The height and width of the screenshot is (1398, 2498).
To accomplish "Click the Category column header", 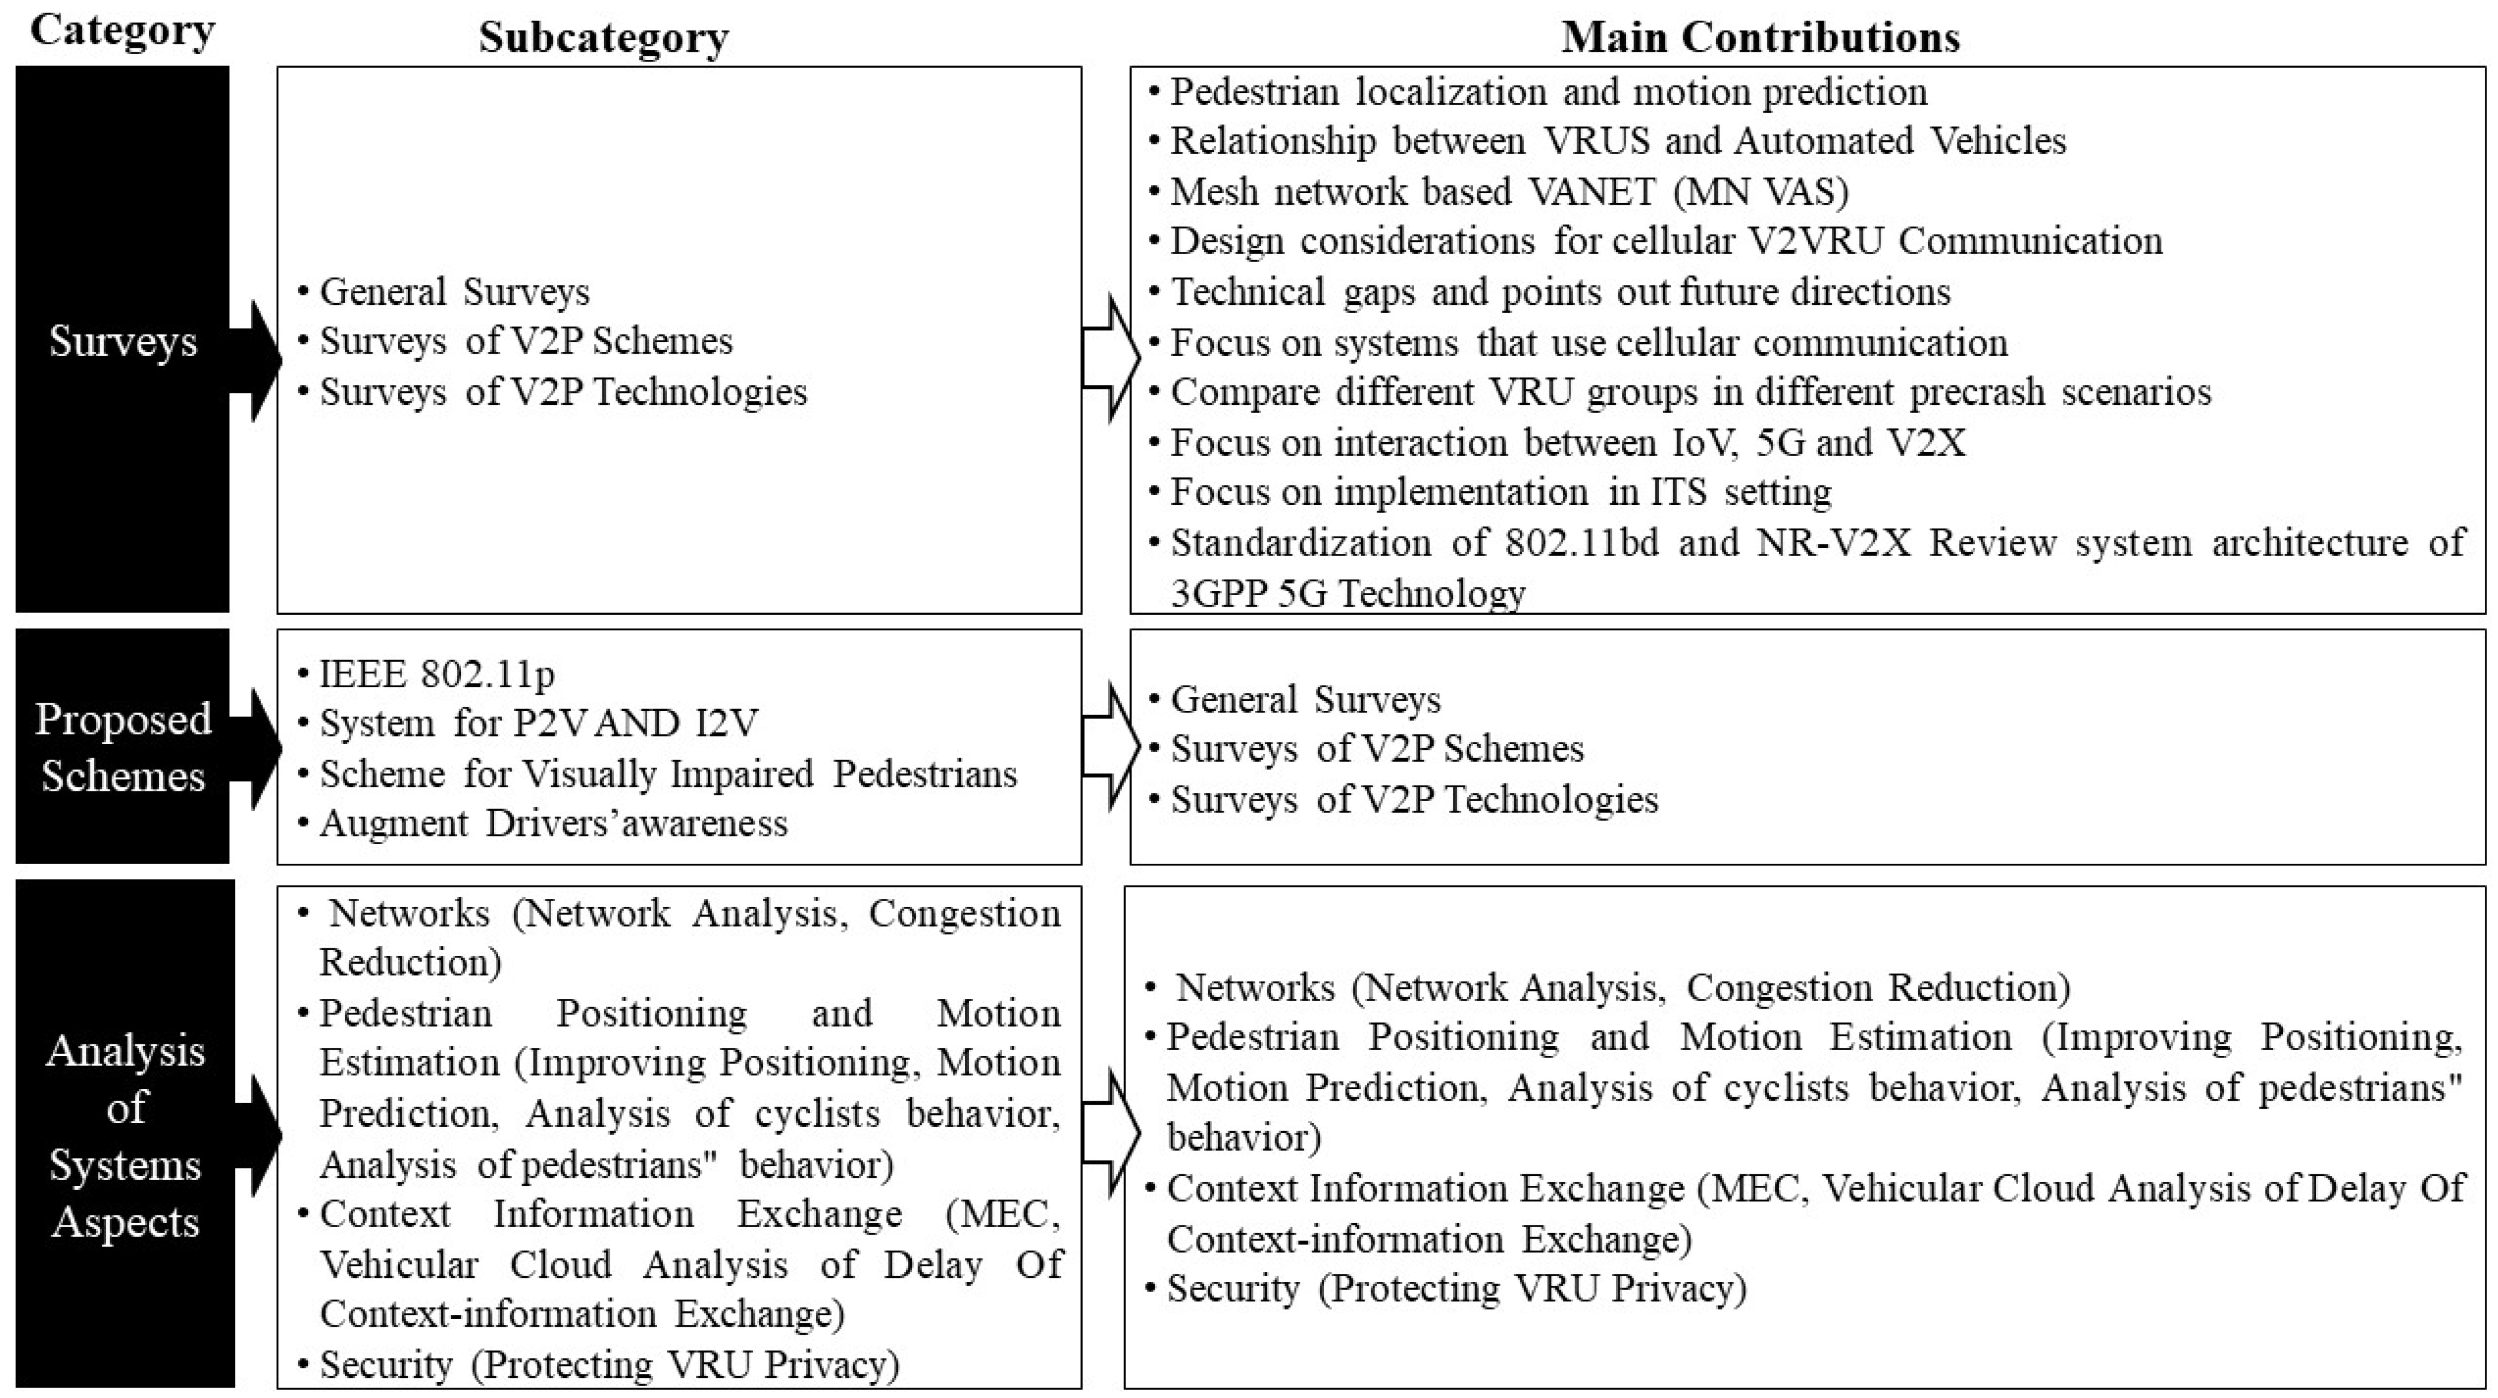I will (x=122, y=31).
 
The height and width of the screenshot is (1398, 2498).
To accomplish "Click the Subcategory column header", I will (x=603, y=38).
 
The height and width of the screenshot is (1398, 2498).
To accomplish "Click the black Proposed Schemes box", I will (x=122, y=746).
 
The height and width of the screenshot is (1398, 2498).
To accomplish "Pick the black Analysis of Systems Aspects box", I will (x=125, y=1134).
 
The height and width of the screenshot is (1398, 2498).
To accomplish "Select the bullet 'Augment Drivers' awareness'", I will (x=553, y=823).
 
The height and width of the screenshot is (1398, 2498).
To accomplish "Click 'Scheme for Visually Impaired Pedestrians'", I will (x=667, y=773).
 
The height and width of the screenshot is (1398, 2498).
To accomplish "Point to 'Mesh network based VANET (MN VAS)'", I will (x=1509, y=191).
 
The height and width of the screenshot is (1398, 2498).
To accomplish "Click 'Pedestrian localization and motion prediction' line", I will (x=1548, y=91).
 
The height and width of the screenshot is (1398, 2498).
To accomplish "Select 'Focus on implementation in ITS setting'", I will (x=1500, y=492).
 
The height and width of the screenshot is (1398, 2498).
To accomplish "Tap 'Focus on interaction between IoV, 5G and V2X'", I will (x=1567, y=442).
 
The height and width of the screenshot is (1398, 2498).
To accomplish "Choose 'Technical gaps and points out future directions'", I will (x=1559, y=291).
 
